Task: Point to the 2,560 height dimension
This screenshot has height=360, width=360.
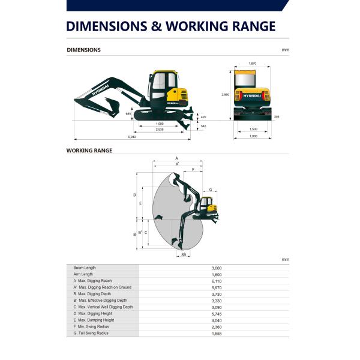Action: (225, 95)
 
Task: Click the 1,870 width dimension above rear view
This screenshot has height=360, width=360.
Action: (252, 64)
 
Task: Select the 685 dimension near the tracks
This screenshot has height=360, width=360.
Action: (128, 113)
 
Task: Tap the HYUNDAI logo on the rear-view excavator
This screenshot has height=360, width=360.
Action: (252, 95)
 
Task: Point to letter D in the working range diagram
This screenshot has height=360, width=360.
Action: (134, 195)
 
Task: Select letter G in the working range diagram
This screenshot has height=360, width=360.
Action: (211, 189)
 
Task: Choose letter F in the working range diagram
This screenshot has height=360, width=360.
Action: (193, 170)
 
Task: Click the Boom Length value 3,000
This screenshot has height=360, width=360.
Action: (217, 268)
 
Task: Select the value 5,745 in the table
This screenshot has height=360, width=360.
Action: (217, 313)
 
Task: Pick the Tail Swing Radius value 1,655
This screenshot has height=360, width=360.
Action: (217, 333)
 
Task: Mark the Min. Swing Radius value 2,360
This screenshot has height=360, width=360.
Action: (217, 326)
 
